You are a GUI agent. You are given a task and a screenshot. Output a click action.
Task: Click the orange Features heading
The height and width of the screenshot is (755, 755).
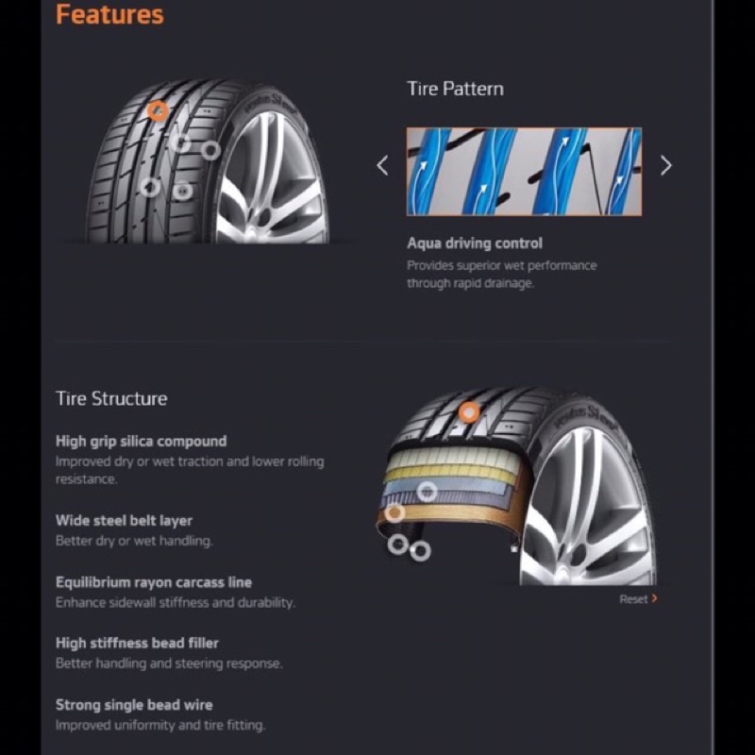109,14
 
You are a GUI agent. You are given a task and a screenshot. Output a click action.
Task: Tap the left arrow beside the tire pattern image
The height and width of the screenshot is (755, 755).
382,165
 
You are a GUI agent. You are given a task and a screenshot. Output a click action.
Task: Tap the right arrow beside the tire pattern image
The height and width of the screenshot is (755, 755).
666,165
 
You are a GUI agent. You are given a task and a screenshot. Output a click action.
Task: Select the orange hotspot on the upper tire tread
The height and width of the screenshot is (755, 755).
158,111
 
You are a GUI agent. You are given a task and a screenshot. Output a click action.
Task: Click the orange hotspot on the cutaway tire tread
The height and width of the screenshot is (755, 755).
468,412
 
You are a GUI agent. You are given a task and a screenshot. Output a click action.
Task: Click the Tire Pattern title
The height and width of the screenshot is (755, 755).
455,89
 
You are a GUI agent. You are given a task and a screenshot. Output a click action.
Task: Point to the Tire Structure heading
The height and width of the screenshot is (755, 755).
111,398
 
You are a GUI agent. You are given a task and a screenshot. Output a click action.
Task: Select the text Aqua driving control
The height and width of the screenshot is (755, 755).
475,243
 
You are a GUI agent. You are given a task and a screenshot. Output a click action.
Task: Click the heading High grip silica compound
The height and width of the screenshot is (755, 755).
141,442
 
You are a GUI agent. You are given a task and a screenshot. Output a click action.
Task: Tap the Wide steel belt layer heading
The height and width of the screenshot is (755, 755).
124,521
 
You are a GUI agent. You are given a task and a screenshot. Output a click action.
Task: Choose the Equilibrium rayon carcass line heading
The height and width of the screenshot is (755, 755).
154,582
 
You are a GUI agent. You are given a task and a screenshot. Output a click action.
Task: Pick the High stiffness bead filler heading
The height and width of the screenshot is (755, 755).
137,644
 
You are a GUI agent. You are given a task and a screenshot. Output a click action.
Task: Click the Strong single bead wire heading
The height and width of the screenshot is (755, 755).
134,705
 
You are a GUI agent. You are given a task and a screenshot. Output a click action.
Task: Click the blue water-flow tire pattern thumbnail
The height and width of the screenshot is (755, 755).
524,172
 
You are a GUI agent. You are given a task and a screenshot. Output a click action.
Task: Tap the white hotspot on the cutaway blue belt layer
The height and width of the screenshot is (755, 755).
427,492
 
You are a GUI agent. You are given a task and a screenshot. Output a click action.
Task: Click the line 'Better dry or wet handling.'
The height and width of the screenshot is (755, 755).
134,541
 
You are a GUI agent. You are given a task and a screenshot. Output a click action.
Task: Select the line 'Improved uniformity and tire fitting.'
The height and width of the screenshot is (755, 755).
160,725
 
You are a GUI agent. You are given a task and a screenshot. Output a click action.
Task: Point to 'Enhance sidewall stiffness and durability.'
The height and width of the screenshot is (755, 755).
176,603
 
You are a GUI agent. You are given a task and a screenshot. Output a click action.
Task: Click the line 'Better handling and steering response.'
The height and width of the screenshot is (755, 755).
169,663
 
